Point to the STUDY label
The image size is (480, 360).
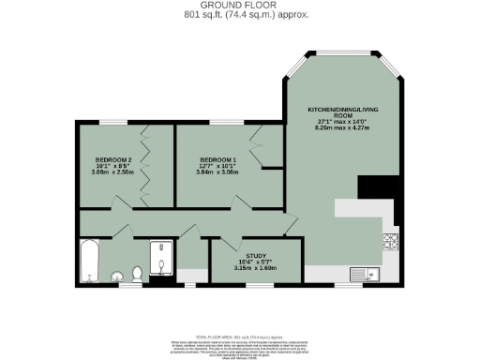point(256,254)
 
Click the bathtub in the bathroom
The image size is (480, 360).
point(89,259)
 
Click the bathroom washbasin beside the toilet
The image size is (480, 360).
point(118,277)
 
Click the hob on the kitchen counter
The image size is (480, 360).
point(389,243)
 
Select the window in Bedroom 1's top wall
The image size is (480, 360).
point(224,122)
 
